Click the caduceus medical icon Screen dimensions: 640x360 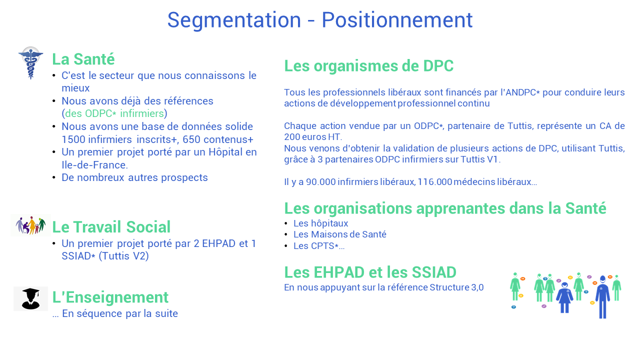(31, 63)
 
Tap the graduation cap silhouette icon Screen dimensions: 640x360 (31, 299)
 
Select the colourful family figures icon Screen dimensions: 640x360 (30, 225)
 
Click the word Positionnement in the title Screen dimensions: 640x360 (397, 20)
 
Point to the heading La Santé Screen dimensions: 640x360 (83, 59)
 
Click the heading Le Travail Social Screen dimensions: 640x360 (111, 227)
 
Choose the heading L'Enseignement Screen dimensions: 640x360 (110, 297)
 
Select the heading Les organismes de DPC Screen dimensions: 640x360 (369, 66)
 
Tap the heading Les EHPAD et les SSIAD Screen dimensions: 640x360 (370, 272)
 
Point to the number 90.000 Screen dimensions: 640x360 (321, 181)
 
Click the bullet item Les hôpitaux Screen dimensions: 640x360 (321, 223)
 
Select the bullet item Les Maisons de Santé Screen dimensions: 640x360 (340, 234)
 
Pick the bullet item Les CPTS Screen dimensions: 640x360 (319, 245)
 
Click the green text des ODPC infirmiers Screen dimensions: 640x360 (114, 113)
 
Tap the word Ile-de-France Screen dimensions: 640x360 (95, 165)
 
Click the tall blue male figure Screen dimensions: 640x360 (602, 297)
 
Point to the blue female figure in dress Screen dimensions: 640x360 (564, 297)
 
